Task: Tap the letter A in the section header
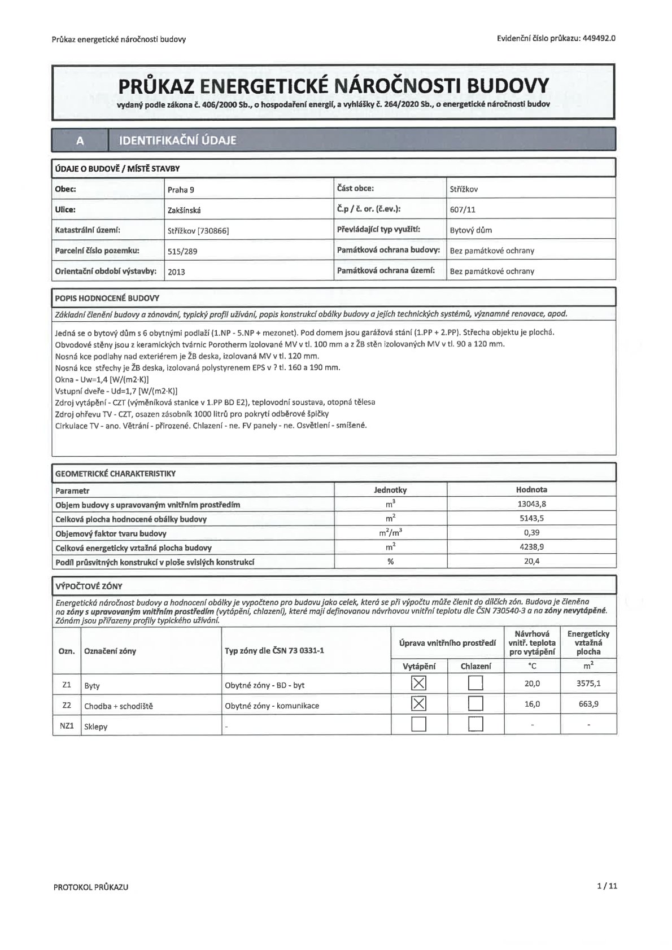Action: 80,141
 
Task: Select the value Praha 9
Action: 181,190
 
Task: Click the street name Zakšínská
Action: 184,210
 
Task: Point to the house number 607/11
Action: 462,210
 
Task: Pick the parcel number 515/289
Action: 182,251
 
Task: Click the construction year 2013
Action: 176,272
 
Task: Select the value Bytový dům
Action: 470,230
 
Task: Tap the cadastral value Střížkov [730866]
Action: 198,230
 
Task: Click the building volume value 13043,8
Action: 531,504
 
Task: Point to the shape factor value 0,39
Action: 531,533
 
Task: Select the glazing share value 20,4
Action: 531,562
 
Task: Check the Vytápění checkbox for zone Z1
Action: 418,684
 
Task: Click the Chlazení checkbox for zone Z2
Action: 475,704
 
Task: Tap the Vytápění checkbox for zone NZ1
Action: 418,724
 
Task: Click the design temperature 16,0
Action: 532,704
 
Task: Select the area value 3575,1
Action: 588,684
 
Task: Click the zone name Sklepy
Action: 95,726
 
